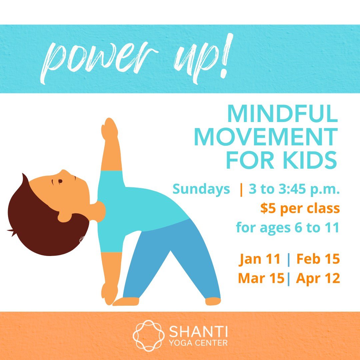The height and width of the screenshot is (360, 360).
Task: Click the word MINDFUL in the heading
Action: click(282, 114)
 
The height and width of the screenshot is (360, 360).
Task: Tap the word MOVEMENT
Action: click(266, 137)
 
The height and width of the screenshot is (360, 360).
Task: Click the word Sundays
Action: click(201, 190)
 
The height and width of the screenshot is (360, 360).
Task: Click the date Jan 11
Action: click(260, 259)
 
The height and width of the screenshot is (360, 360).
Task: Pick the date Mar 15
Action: click(261, 278)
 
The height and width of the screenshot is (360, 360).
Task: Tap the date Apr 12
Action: click(318, 278)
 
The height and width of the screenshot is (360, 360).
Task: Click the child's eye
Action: click(60, 181)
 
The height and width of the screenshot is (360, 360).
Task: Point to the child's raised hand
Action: click(109, 128)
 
